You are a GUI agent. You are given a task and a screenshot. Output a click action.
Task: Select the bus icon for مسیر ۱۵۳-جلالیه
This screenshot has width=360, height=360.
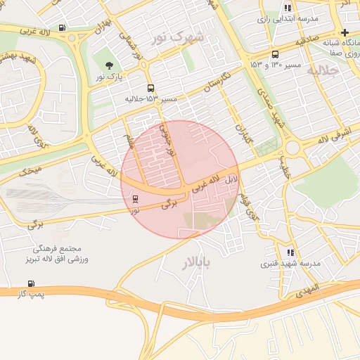pyautogui.click(x=151, y=89)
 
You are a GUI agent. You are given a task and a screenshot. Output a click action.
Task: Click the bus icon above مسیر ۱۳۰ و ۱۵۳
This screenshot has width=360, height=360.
pyautogui.click(x=275, y=53)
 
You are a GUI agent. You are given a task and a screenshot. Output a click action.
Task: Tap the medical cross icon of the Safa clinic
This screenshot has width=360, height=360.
pyautogui.click(x=345, y=32)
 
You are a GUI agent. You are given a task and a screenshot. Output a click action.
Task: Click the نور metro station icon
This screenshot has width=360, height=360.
pyautogui.click(x=135, y=198)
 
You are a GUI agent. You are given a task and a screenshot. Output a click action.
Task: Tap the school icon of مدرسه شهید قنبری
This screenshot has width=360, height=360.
pyautogui.click(x=290, y=252)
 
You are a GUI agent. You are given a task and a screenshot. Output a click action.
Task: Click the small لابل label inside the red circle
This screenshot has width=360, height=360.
pyautogui.click(x=231, y=180)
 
